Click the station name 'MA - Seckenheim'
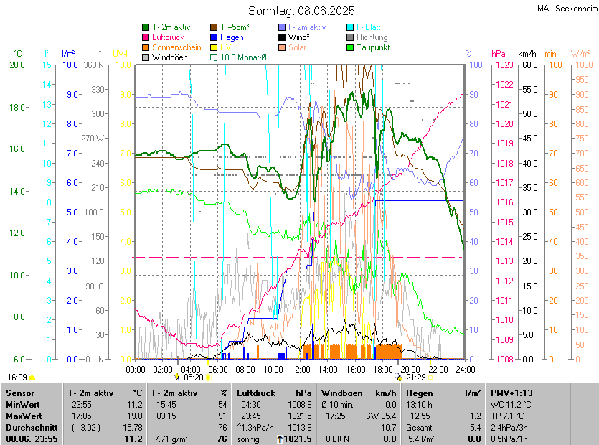[566, 9]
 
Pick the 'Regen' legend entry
[232, 37]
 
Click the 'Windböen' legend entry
[169, 57]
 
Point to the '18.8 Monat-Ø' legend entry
[243, 57]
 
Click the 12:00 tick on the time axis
[301, 369]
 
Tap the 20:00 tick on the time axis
[410, 369]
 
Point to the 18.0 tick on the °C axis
[16, 107]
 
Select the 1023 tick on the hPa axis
[502, 65]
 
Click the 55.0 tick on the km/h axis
[529, 90]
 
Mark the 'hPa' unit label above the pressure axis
[498, 54]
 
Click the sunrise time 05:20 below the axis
[194, 377]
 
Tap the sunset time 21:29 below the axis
[415, 377]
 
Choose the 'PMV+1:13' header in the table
[511, 393]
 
